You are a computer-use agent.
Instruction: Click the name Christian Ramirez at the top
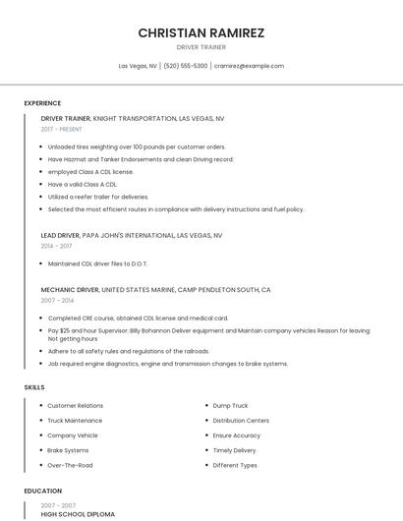tap(201, 32)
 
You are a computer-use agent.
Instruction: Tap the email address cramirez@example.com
tap(249, 66)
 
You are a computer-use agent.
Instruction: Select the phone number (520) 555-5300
tap(185, 66)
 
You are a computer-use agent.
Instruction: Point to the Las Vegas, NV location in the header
tap(138, 66)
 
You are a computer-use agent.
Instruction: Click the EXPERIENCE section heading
tap(42, 103)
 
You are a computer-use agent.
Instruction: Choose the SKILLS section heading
tap(34, 387)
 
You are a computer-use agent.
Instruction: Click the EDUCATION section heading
tap(42, 491)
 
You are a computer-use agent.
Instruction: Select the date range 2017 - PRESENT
tap(61, 129)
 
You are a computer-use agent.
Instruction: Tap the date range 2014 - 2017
tap(56, 246)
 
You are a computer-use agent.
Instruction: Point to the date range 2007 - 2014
tap(56, 301)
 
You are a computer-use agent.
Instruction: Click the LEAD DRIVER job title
tap(61, 236)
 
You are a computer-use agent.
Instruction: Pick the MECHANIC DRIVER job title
tap(70, 290)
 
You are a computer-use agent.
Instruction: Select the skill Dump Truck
tap(230, 405)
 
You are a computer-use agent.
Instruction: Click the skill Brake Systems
tap(68, 450)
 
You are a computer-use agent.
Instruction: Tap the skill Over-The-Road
tap(70, 465)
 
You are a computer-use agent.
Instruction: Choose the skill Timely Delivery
tap(234, 450)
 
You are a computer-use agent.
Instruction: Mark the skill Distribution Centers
tap(240, 420)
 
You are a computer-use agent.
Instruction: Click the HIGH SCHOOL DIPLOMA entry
tap(78, 514)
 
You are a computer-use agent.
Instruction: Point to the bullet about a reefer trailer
tap(98, 197)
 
